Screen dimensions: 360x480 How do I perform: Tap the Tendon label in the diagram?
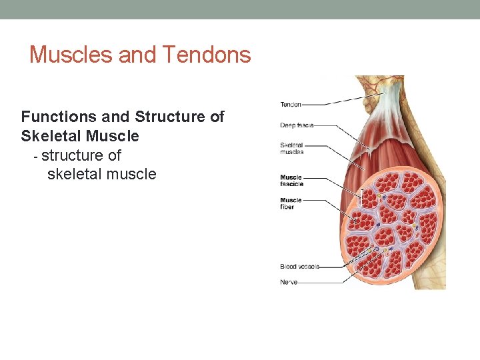pos(291,104)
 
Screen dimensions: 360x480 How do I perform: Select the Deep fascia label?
pos(297,125)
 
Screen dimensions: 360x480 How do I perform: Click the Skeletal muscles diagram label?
pos(292,148)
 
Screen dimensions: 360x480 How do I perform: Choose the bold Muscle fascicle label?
pos(291,181)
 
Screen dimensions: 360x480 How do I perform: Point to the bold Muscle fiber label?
pos(291,203)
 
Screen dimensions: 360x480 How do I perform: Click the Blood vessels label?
pos(299,267)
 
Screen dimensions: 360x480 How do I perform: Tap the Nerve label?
pos(289,282)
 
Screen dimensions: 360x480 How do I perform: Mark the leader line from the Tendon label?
pos(340,102)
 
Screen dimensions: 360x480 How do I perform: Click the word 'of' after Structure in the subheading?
pos(217,117)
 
